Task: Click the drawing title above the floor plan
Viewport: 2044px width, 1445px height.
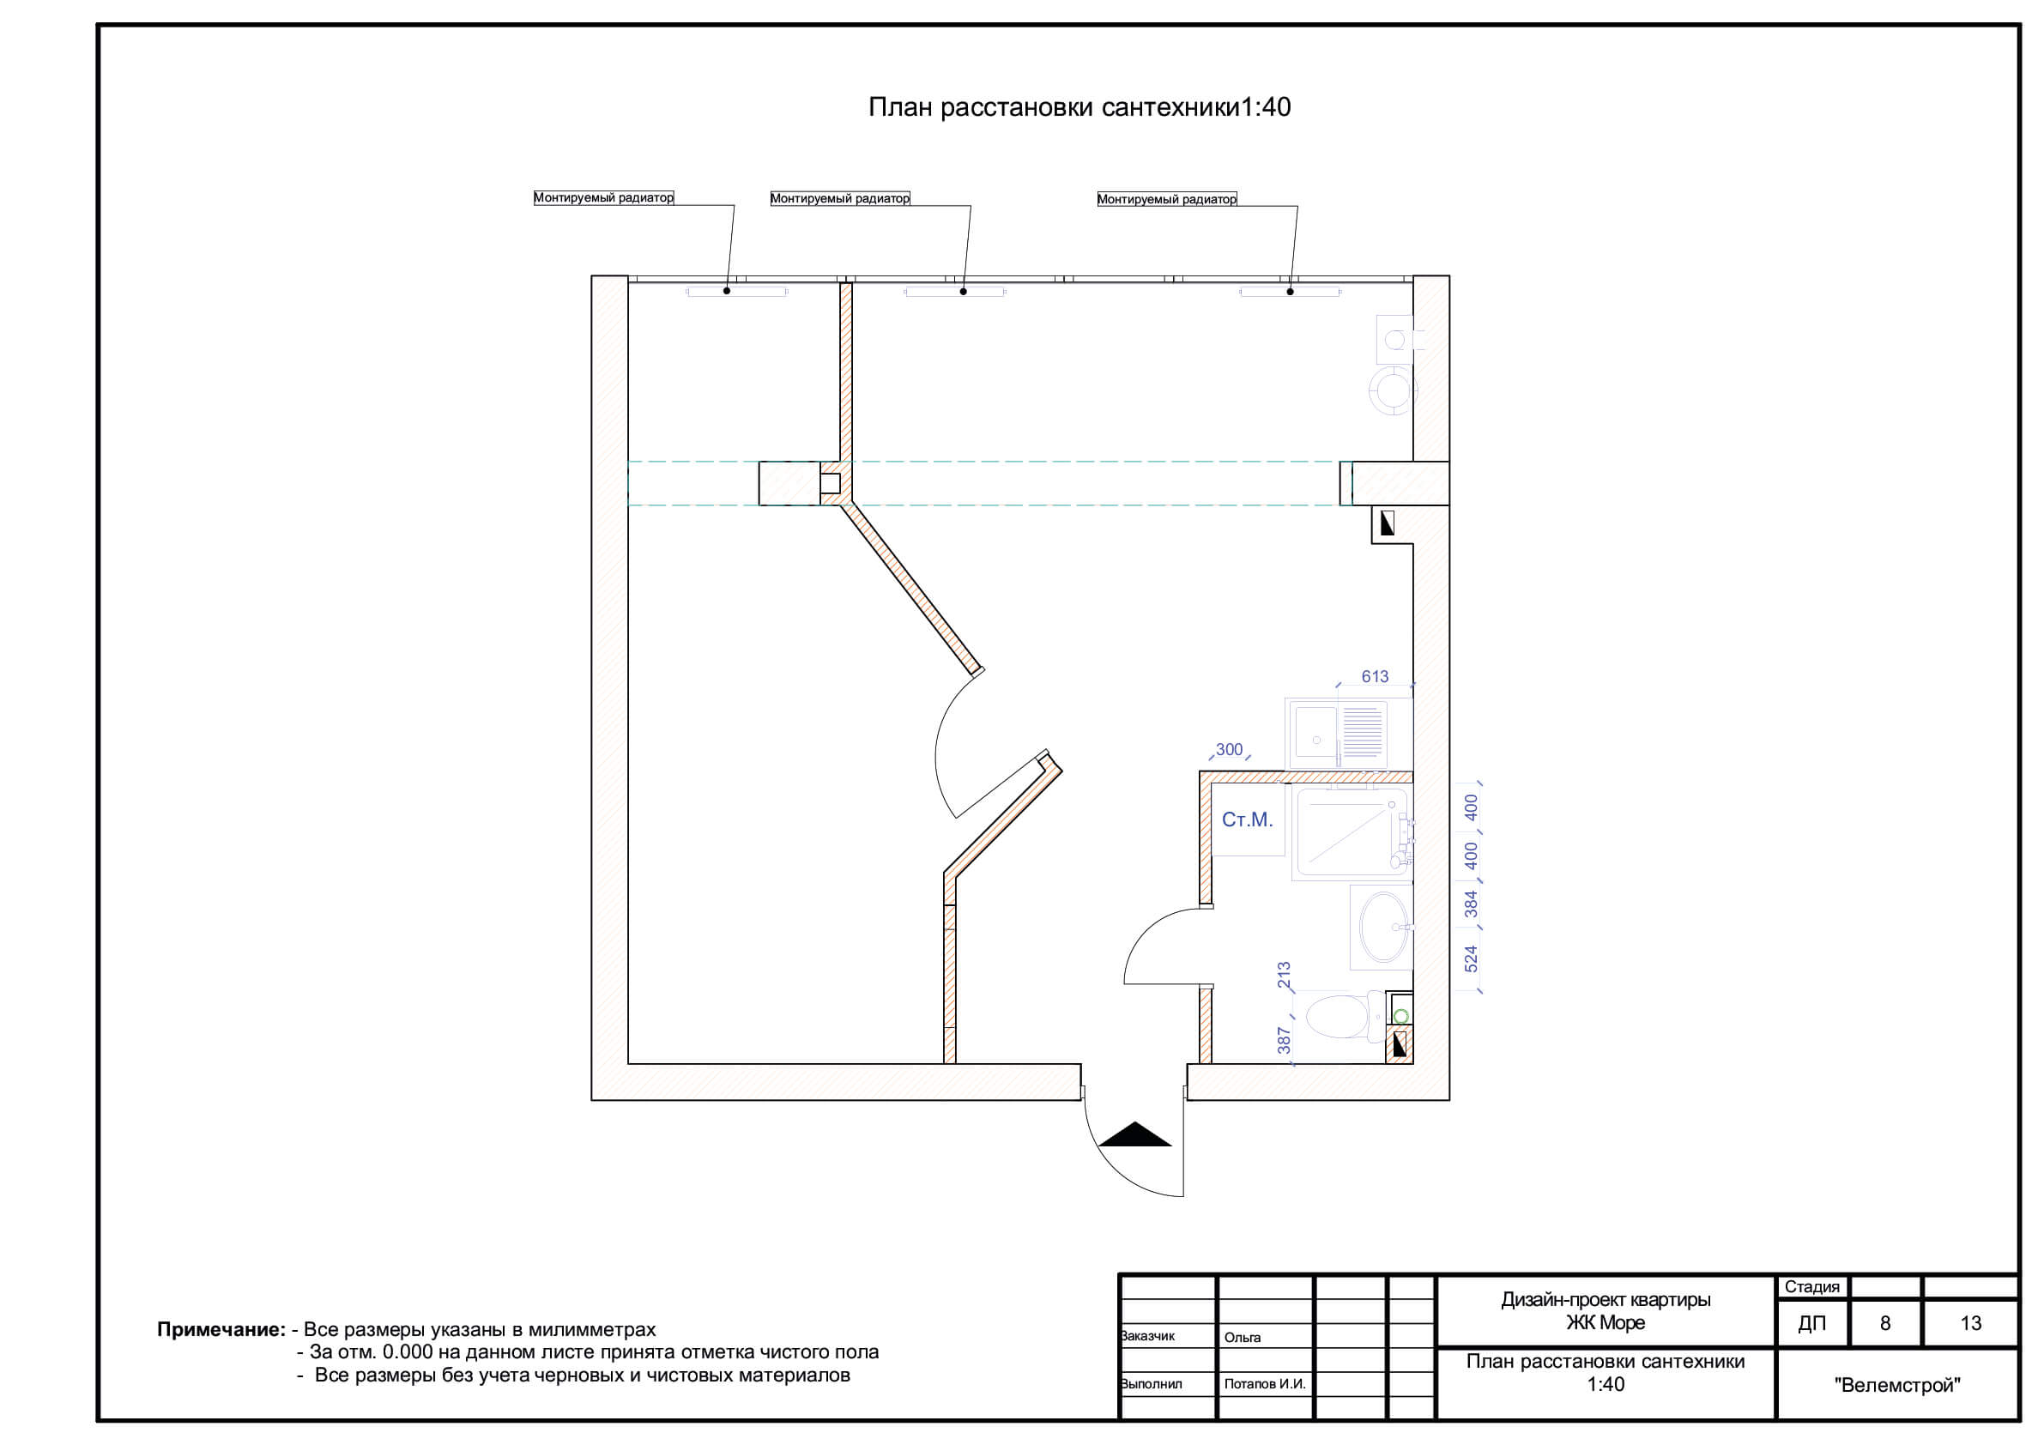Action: click(x=1079, y=108)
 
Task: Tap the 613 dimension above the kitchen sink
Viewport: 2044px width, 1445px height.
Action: click(x=1375, y=677)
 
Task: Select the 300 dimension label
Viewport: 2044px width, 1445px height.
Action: click(x=1229, y=750)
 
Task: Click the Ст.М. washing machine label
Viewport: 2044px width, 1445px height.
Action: click(x=1247, y=820)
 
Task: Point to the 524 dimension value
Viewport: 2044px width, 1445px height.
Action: click(x=1471, y=958)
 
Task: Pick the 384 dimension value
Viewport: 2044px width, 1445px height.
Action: click(x=1471, y=904)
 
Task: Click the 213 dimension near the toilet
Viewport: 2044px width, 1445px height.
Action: click(x=1284, y=975)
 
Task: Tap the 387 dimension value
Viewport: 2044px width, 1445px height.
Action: click(x=1284, y=1040)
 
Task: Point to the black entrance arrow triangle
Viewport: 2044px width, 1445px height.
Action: click(x=1135, y=1134)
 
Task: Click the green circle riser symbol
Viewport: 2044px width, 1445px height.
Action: click(x=1400, y=1016)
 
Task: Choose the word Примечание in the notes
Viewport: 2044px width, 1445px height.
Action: click(x=221, y=1330)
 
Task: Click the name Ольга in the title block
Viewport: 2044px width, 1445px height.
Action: click(x=1243, y=1337)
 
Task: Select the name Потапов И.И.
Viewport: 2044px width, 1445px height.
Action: click(x=1265, y=1384)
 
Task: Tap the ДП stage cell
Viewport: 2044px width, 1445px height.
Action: click(x=1811, y=1324)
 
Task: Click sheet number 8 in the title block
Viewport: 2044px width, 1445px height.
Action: click(x=1884, y=1324)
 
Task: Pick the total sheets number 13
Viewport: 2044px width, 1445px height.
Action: click(x=1970, y=1324)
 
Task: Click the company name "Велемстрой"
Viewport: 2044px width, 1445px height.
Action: click(x=1897, y=1385)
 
